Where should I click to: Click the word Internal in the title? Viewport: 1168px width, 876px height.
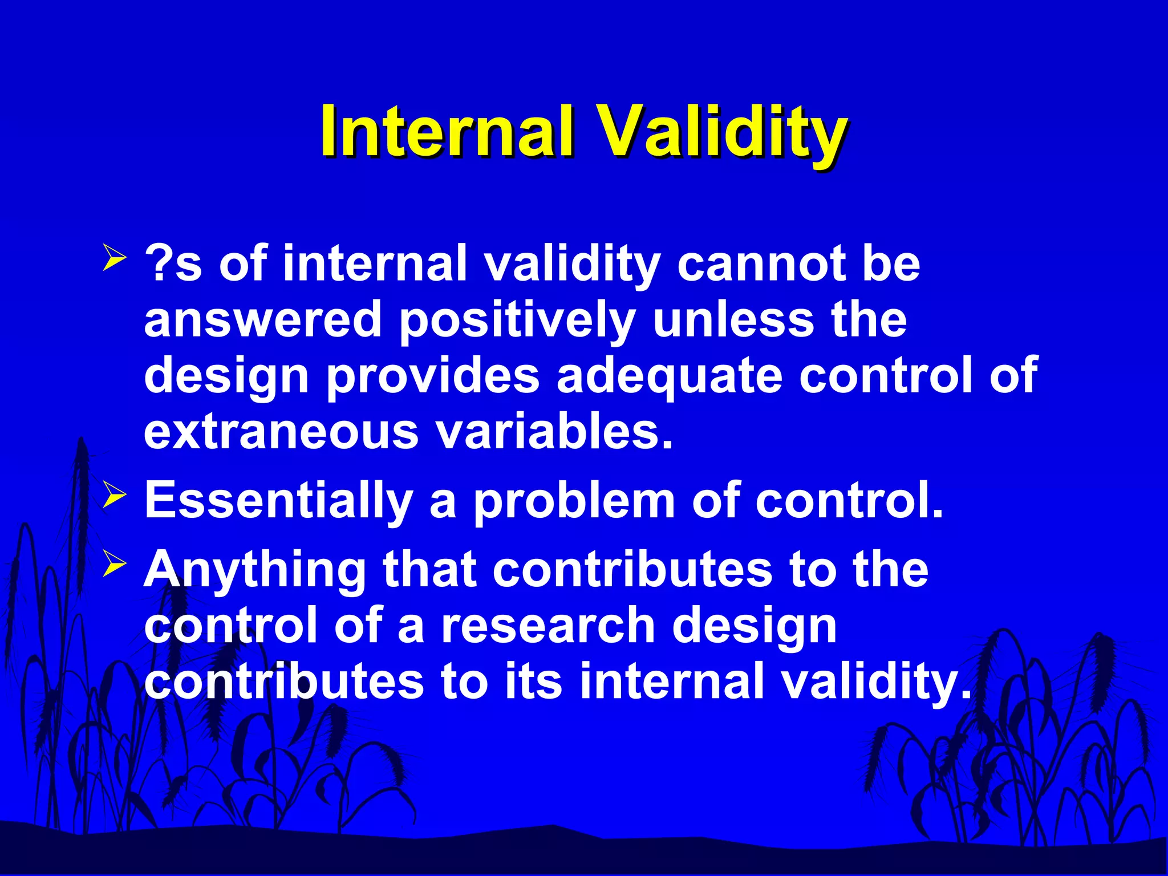pos(447,131)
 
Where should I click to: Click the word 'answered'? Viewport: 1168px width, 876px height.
pos(263,319)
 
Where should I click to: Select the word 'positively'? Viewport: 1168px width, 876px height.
pos(517,322)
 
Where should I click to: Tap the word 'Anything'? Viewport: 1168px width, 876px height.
pos(255,572)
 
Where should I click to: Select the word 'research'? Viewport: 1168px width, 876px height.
pos(548,626)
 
